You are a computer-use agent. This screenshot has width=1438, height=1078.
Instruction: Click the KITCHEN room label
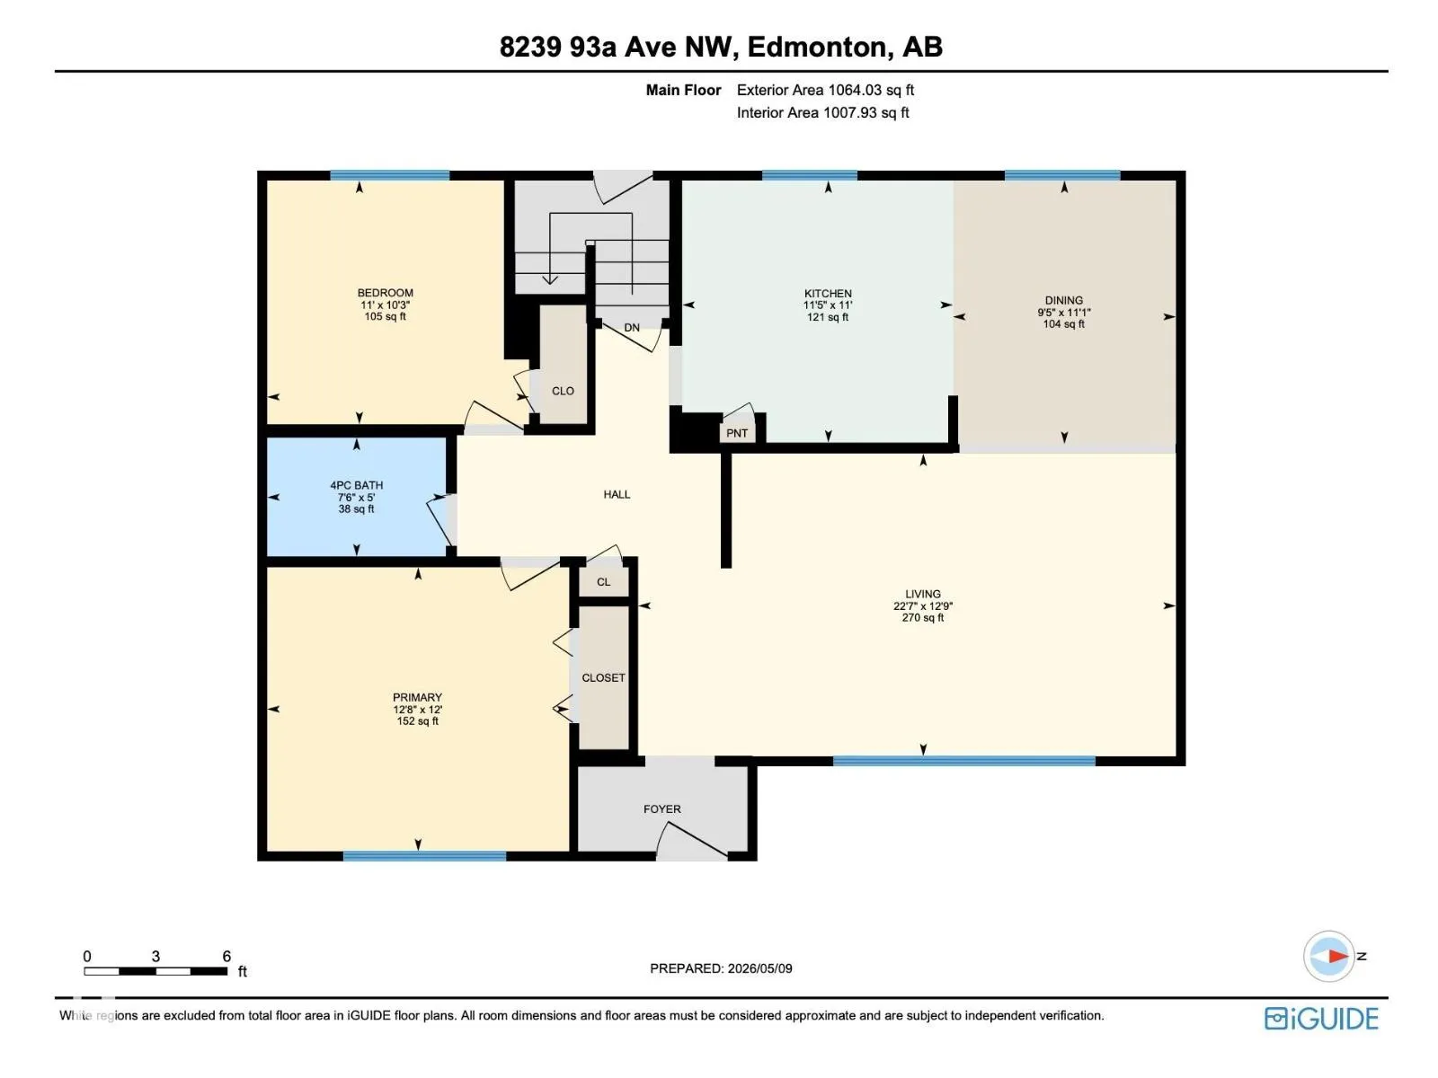[828, 294]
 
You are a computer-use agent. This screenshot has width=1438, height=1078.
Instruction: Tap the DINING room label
[1063, 300]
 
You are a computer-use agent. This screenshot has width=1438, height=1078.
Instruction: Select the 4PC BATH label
[357, 485]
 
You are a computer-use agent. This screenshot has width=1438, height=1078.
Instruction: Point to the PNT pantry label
[736, 433]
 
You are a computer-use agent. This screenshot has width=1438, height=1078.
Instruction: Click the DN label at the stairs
[632, 327]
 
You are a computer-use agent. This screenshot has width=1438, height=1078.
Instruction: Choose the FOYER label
[661, 809]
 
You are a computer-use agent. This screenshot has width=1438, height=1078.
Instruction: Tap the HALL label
[617, 494]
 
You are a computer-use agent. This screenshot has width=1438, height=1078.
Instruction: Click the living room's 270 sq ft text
[922, 617]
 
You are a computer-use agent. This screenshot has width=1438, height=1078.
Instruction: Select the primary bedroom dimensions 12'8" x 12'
[417, 710]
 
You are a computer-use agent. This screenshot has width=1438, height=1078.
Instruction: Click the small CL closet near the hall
[603, 582]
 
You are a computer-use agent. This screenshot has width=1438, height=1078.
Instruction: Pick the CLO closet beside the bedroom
[563, 391]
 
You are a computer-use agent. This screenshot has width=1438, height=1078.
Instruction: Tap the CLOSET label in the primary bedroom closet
[603, 678]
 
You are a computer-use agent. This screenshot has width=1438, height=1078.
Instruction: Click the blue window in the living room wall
[963, 761]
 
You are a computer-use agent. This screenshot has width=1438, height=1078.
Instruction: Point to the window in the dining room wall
[1062, 175]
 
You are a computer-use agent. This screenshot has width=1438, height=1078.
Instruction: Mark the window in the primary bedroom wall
[424, 855]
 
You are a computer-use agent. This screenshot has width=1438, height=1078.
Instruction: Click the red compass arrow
[1337, 956]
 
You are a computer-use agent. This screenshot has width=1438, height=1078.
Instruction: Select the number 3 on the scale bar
[155, 956]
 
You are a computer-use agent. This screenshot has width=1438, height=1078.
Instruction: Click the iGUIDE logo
[1321, 1019]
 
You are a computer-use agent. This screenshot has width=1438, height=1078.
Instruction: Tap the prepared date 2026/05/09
[759, 968]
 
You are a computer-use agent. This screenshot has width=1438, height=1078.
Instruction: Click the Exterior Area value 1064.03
[855, 91]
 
